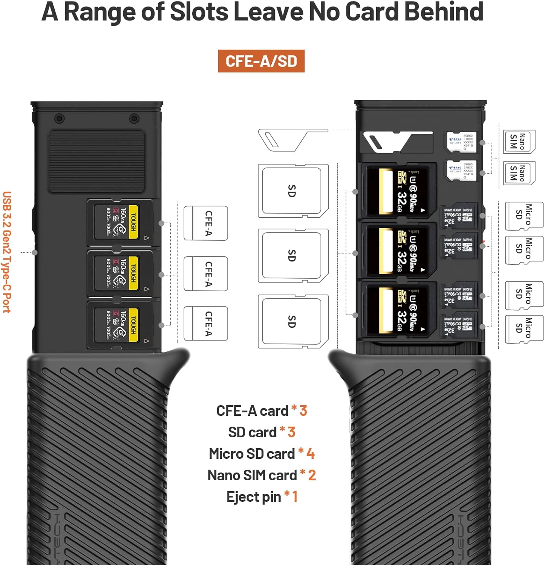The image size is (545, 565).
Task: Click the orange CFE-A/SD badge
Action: [261, 61]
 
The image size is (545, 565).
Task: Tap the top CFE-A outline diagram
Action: [206, 223]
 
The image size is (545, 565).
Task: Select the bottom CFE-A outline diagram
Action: [206, 323]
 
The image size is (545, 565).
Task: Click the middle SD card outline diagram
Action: [292, 255]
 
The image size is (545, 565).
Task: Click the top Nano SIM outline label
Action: [519, 141]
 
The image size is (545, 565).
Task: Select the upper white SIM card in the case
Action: [462, 142]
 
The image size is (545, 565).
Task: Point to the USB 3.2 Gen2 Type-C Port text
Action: [7, 252]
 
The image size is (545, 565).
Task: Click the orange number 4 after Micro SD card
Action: [310, 454]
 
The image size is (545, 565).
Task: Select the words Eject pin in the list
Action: [254, 497]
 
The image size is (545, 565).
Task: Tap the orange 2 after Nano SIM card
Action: [312, 475]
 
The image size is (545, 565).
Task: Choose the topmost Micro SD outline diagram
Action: [524, 216]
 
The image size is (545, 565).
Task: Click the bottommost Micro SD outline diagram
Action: [524, 329]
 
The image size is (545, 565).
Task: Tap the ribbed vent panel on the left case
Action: [97, 161]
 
